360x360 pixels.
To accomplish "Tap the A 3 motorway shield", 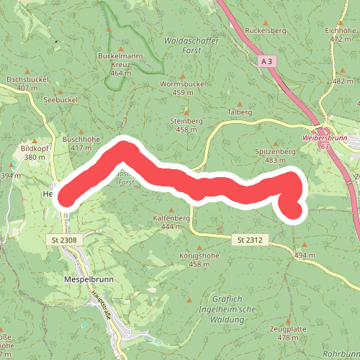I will point(267,61).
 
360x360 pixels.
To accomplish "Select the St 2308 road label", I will point(63,239).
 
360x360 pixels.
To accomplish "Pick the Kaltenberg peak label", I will point(171,217).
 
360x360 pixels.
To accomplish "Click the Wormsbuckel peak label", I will point(184,84).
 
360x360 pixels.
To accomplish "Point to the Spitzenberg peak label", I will point(276,152).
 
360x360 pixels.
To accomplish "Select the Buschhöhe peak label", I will point(81,138).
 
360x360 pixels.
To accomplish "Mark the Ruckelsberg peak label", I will point(266,31).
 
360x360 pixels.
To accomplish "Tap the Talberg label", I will point(240,112).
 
